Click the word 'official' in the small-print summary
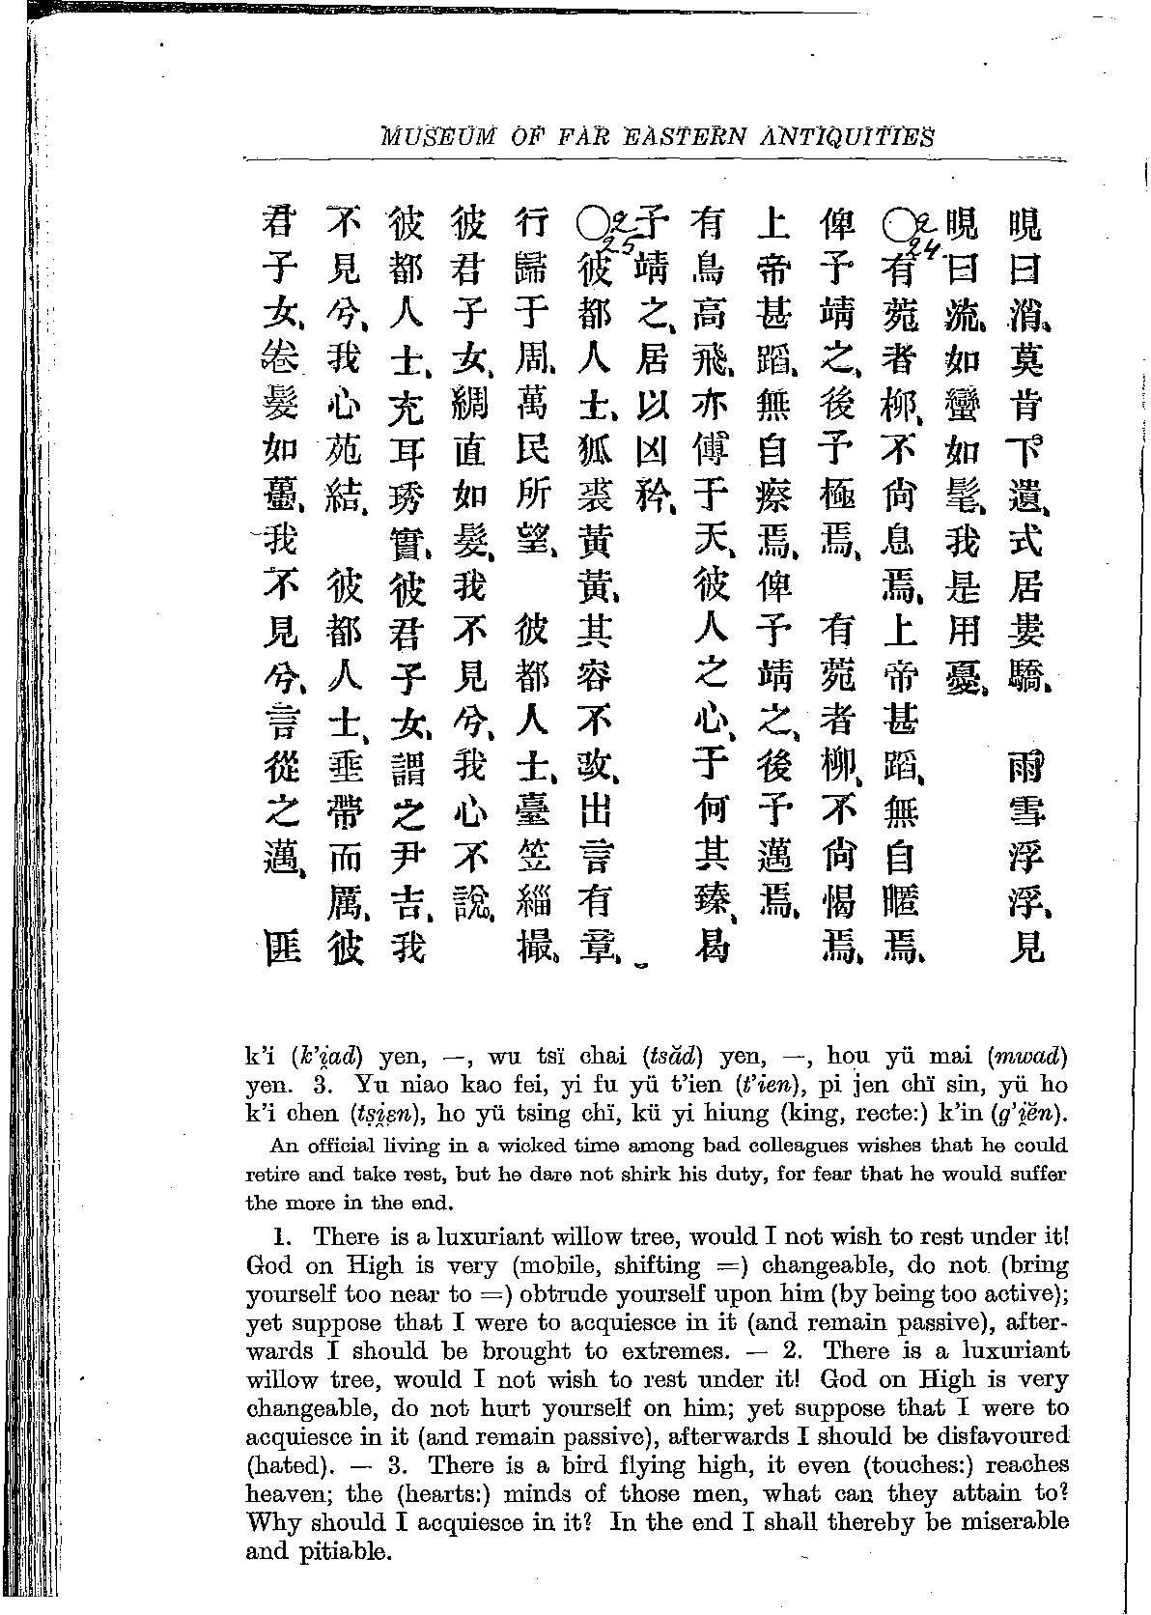coord(346,1146)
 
